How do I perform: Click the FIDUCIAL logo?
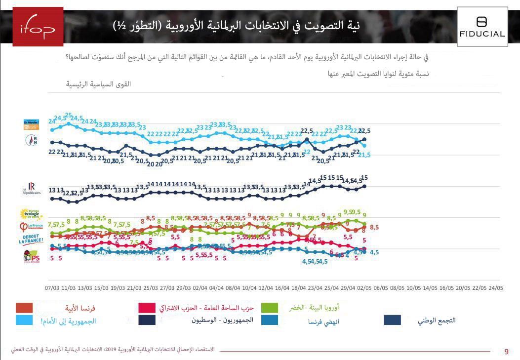coord(481,27)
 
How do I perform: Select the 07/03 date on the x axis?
coord(52,287)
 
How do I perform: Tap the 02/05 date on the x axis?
coord(364,287)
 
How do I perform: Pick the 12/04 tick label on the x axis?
coord(266,287)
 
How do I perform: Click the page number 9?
coord(506,352)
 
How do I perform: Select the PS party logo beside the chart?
coord(32,257)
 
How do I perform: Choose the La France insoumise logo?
coord(32,228)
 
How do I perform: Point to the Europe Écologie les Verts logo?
coord(32,215)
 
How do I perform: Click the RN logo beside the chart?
coord(32,141)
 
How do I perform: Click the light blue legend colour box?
coord(21,320)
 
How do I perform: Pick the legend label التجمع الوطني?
coord(436,320)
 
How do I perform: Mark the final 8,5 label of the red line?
coord(374,228)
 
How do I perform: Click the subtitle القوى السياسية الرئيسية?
coord(99,84)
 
